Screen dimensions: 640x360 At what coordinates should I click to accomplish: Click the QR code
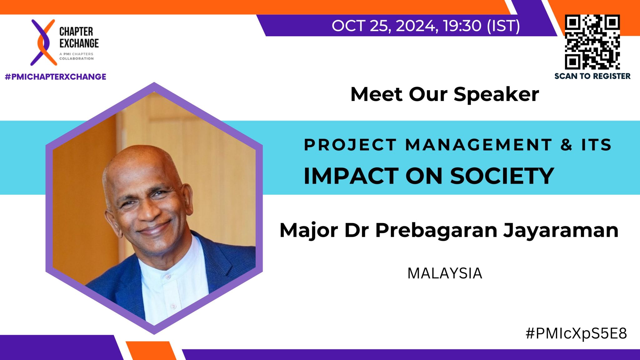point(592,42)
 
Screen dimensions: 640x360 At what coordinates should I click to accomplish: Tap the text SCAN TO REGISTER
point(592,76)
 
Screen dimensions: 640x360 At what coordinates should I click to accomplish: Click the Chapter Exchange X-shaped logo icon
point(43,42)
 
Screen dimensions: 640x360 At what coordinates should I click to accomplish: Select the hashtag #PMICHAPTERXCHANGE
point(56,77)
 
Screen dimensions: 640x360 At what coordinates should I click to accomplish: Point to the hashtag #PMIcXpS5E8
point(576,334)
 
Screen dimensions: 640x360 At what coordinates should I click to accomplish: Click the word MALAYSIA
point(445,273)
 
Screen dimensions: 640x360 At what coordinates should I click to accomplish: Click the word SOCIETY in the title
point(502,176)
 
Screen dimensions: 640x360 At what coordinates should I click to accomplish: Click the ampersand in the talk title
point(566,145)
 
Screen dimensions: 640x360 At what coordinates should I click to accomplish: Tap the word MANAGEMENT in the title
point(479,145)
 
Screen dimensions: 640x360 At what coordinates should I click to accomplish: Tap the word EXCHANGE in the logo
point(79,43)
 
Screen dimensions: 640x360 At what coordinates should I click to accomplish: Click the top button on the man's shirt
point(168,277)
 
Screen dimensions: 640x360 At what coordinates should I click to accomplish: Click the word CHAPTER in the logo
point(76,32)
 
